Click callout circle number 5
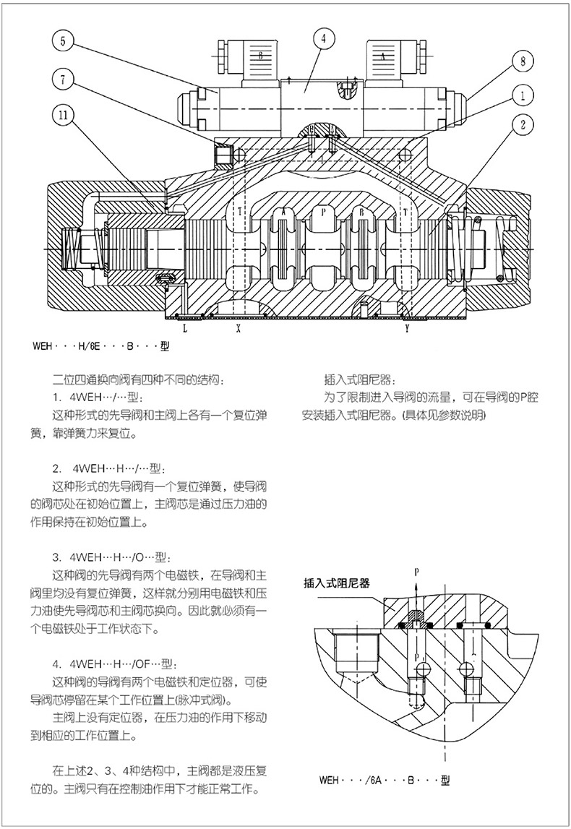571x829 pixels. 62,42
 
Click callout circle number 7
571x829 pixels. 62,81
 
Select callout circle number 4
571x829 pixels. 323,38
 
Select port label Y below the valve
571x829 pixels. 407,328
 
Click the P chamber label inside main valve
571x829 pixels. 323,212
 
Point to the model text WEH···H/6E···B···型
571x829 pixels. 100,345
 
